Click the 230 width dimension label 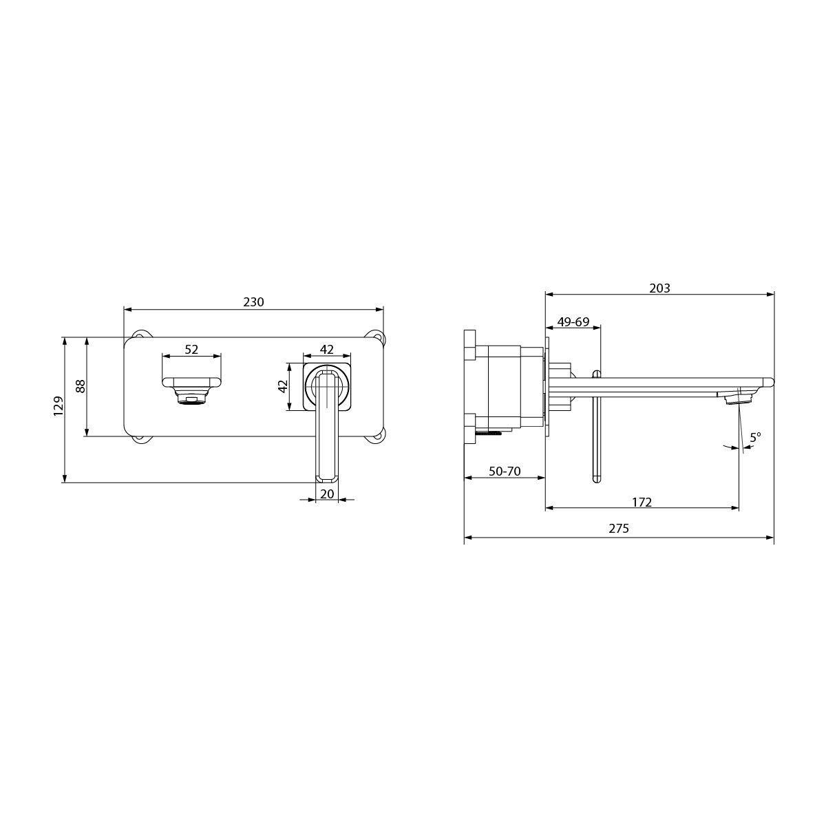pyautogui.click(x=253, y=301)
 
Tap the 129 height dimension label pyautogui.click(x=59, y=405)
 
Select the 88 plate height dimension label pyautogui.click(x=81, y=386)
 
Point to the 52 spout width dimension pyautogui.click(x=191, y=350)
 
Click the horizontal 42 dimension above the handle pyautogui.click(x=327, y=350)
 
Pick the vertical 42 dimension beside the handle pyautogui.click(x=282, y=386)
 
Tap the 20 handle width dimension pyautogui.click(x=327, y=494)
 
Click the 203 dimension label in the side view pyautogui.click(x=659, y=288)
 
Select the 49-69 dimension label pyautogui.click(x=573, y=321)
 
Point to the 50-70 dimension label pyautogui.click(x=505, y=471)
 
